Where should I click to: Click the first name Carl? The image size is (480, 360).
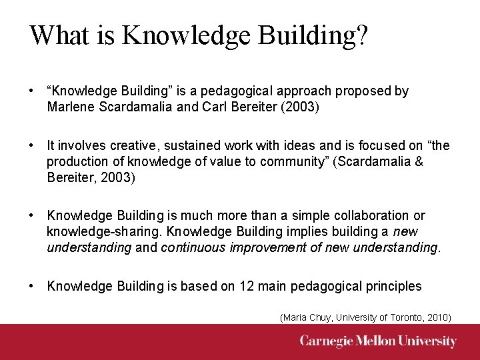click(x=191, y=107)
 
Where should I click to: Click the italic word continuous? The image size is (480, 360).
click(x=193, y=247)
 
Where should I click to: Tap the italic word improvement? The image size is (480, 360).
click(x=263, y=247)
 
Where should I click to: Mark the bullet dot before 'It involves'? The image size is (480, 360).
click(x=31, y=145)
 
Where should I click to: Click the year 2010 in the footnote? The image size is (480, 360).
click(x=437, y=318)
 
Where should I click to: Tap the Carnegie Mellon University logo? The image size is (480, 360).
click(x=378, y=342)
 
